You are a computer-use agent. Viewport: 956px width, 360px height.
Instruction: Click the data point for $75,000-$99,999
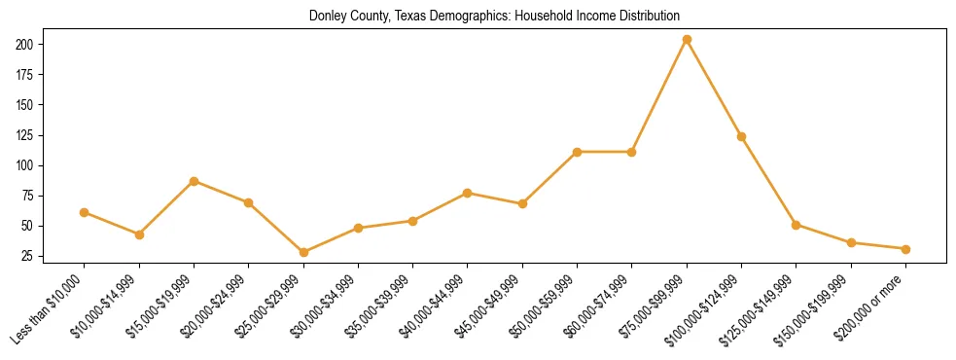(x=687, y=40)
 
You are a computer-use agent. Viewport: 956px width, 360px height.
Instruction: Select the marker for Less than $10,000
(x=85, y=212)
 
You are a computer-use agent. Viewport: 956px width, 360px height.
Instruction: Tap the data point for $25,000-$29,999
(x=303, y=252)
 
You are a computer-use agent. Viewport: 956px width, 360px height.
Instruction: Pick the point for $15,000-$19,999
(x=195, y=181)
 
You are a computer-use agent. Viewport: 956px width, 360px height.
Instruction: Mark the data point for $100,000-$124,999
(x=741, y=136)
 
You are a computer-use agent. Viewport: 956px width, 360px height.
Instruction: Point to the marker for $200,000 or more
(x=905, y=249)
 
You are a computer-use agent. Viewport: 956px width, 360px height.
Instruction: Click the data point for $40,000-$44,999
(x=468, y=193)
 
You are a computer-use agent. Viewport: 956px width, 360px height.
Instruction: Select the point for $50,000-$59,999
(x=578, y=152)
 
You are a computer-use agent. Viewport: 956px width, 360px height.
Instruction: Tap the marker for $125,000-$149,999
(x=797, y=225)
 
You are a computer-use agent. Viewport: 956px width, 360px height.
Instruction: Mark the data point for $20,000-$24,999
(x=249, y=202)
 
